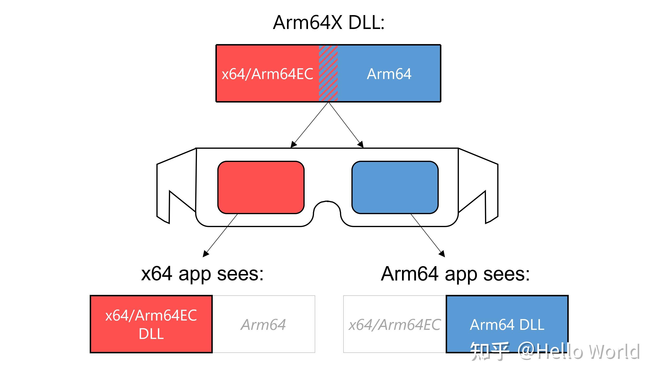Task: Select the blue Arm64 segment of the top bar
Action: click(389, 74)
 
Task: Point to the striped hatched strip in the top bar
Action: click(328, 74)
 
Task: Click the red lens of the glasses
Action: click(261, 187)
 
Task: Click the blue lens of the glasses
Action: click(395, 187)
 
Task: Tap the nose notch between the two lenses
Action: click(327, 208)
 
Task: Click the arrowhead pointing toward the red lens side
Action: click(293, 145)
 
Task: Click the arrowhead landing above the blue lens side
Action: click(361, 145)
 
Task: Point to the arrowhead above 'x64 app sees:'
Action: click(206, 254)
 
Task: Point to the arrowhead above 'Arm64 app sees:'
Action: click(442, 254)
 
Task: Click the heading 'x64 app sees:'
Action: click(202, 274)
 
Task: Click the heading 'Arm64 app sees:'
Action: click(455, 274)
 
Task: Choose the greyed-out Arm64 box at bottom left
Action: click(263, 324)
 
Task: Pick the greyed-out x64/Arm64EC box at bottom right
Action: click(394, 324)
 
